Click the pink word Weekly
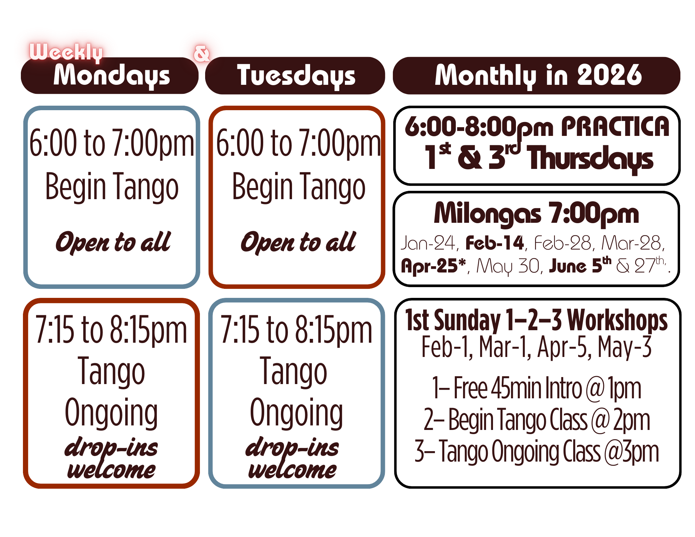pos(66,52)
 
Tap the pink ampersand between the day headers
pos(202,54)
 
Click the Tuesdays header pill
pos(296,76)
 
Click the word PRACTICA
pos(615,127)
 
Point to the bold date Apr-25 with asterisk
pos(433,266)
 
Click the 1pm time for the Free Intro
pos(624,389)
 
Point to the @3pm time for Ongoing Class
pos(631,452)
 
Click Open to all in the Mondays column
pos(113,242)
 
